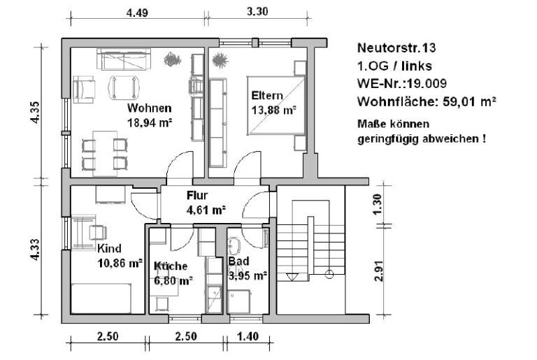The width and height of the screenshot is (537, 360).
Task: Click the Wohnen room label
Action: coord(150,108)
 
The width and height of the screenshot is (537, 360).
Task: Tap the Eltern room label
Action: coord(267,95)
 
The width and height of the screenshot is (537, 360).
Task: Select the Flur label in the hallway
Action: coord(197,195)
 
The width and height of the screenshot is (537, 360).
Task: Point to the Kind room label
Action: coord(109,248)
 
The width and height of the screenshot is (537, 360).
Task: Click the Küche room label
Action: coord(171,266)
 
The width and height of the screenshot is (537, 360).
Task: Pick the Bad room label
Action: coord(238,261)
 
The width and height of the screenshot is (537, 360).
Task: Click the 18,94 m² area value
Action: coord(150,122)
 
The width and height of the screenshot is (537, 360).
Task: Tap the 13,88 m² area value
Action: coord(273,110)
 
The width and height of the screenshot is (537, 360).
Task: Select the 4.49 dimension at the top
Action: coord(137,13)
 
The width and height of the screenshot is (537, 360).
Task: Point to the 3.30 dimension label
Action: coord(257,11)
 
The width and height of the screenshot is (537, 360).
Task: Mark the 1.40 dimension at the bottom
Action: coord(248,336)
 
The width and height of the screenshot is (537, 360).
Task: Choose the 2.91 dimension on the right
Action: coord(378,271)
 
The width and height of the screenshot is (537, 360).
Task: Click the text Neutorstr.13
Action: coord(396,48)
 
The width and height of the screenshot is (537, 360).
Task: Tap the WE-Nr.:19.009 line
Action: coord(402,83)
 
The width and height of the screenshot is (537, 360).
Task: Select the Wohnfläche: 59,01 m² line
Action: coord(427,101)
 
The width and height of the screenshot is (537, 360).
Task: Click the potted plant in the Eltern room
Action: coord(220,60)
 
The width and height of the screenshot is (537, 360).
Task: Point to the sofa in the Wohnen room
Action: coord(124,59)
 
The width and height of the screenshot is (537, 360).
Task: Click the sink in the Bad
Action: coord(235,246)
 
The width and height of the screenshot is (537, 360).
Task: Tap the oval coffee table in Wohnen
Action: coord(124,87)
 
